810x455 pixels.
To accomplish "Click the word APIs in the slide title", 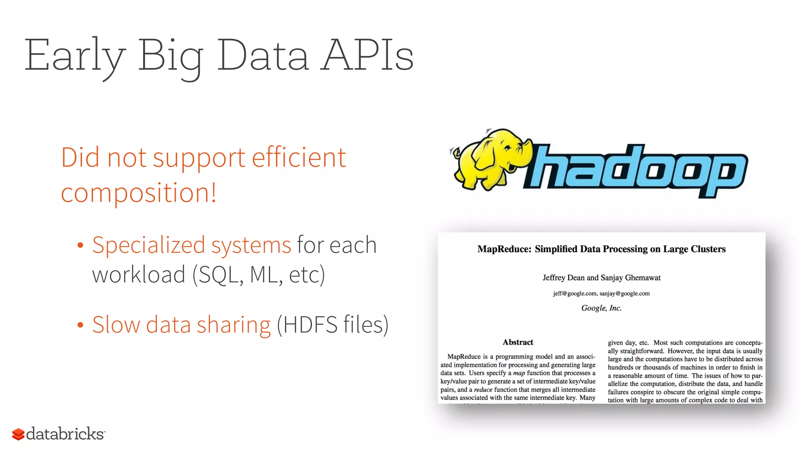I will coord(367,55).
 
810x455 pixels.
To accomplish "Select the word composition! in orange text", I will coord(138,193).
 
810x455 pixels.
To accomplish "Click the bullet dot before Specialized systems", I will coord(80,246).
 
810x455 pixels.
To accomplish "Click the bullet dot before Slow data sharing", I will coord(80,325).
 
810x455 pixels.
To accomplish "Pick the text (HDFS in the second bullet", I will coord(307,325).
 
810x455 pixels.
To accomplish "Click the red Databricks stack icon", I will coord(18,434).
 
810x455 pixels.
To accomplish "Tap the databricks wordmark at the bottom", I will coord(65,434).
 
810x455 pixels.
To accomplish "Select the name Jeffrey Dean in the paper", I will coord(563,278).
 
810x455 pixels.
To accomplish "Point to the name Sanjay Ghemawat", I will coord(630,278).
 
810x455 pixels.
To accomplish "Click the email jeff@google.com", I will coord(575,293).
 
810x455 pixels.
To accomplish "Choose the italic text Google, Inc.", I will coord(601,308).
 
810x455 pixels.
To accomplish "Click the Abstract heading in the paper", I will coord(518,342).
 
